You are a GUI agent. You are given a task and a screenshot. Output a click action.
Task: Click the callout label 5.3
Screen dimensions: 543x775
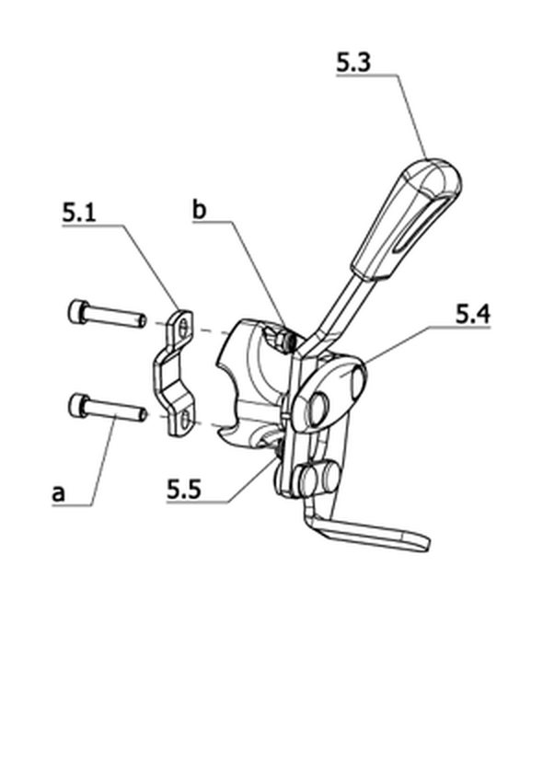pyautogui.click(x=353, y=63)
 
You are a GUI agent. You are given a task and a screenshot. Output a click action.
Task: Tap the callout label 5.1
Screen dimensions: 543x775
pyautogui.click(x=79, y=213)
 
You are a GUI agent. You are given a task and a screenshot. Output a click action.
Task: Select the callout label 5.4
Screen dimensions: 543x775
pyautogui.click(x=473, y=315)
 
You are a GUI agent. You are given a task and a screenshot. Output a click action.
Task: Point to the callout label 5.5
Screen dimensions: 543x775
pyautogui.click(x=184, y=490)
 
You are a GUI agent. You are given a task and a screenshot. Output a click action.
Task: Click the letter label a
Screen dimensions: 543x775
pyautogui.click(x=58, y=493)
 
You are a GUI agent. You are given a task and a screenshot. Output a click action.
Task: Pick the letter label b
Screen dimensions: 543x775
pyautogui.click(x=199, y=210)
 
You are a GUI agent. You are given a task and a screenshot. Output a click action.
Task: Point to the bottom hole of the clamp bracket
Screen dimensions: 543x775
pyautogui.click(x=184, y=421)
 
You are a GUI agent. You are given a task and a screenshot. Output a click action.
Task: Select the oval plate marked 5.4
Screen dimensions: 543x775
pyautogui.click(x=327, y=394)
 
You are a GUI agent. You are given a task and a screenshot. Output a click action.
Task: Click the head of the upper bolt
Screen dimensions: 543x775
pyautogui.click(x=78, y=312)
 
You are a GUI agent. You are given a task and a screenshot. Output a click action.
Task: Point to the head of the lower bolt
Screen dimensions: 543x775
pyautogui.click(x=78, y=405)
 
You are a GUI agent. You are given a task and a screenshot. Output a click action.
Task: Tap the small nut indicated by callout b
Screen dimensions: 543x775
pyautogui.click(x=280, y=339)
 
